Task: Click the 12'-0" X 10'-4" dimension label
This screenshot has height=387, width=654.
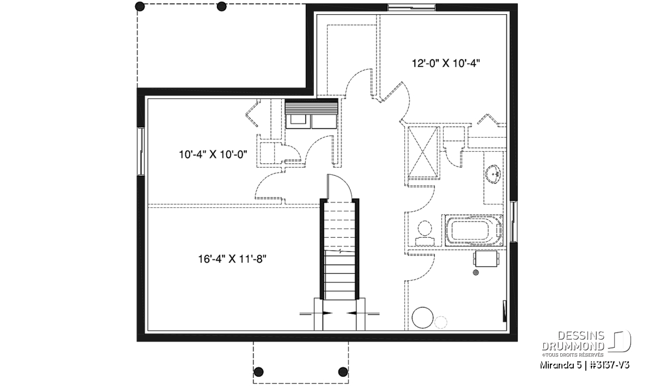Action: (x=446, y=63)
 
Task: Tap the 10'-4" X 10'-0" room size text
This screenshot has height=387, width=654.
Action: (x=213, y=154)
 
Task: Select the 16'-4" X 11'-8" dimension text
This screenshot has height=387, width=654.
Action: (x=232, y=259)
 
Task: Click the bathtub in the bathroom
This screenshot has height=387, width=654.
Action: (x=474, y=231)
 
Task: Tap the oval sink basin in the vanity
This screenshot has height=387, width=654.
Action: (x=494, y=174)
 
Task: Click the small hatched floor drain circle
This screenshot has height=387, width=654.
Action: (x=476, y=273)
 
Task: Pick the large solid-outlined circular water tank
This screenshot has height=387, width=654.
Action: (x=422, y=317)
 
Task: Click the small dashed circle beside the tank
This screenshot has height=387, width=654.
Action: (x=440, y=322)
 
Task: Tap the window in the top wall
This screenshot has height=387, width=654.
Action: (x=411, y=8)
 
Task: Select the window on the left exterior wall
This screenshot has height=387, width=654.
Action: (x=141, y=151)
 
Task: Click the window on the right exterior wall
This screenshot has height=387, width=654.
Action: (x=513, y=222)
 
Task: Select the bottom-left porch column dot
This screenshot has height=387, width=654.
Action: (x=259, y=372)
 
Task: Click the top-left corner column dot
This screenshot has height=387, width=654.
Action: (x=141, y=7)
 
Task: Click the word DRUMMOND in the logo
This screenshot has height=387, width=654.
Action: (x=573, y=347)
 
